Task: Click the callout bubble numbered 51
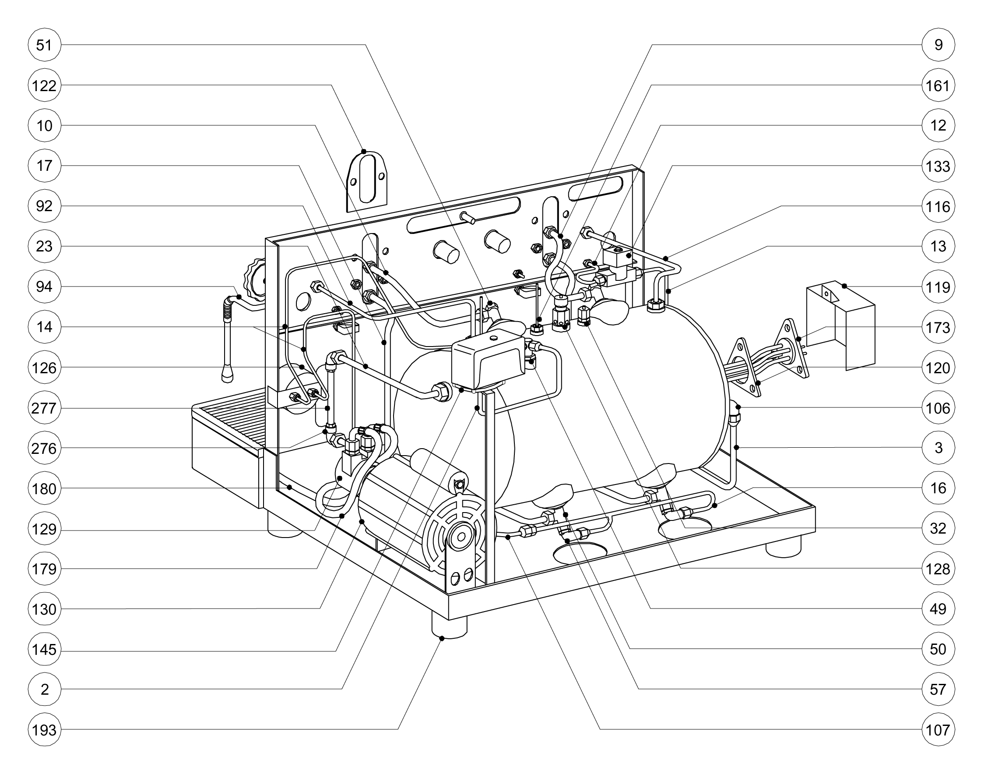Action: [x=44, y=45]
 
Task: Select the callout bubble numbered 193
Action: [x=44, y=730]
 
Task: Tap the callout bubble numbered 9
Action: [x=939, y=45]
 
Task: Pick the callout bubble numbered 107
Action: [x=939, y=730]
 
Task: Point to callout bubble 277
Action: [x=44, y=407]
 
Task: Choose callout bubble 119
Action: [x=939, y=287]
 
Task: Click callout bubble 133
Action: [x=939, y=166]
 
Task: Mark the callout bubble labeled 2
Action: [x=44, y=690]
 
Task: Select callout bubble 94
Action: [x=44, y=287]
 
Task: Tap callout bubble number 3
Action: [x=939, y=448]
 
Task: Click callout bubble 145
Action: [x=44, y=649]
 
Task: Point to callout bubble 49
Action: [x=939, y=609]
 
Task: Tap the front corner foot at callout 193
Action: [x=449, y=626]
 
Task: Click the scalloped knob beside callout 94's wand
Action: [x=256, y=280]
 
